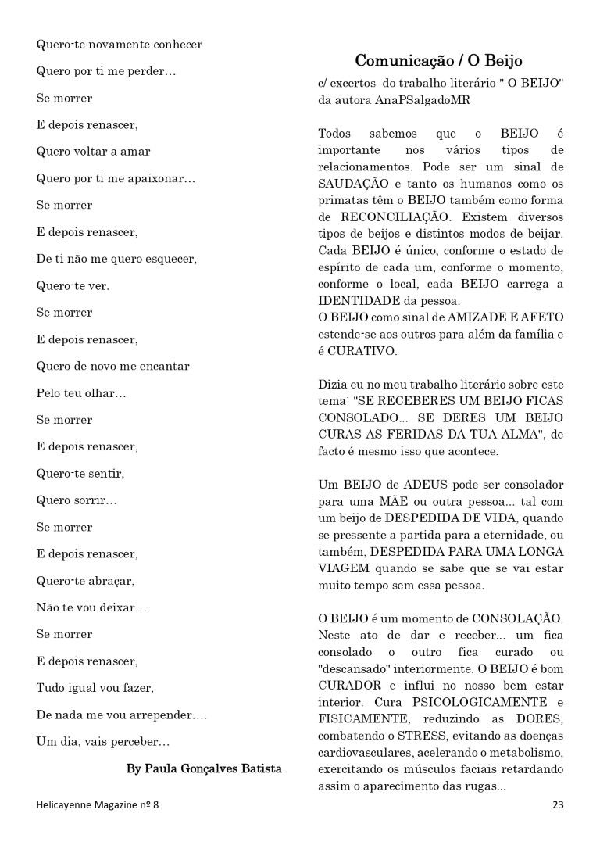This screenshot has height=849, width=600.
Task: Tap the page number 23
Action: (558, 804)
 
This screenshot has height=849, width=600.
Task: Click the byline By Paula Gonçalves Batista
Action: (204, 768)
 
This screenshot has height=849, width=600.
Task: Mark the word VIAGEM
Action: (343, 569)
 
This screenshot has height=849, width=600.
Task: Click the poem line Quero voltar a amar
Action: (94, 152)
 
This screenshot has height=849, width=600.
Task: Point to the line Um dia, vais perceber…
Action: (103, 741)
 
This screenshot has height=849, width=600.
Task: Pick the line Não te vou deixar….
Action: (94, 607)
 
